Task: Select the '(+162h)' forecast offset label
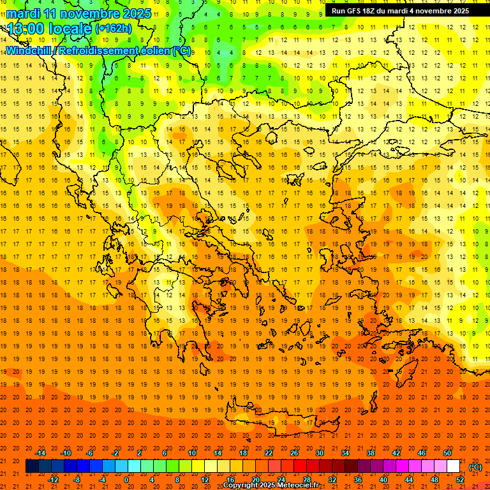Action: (x=114, y=29)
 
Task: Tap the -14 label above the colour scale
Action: (x=41, y=453)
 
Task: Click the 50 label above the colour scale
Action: (x=447, y=453)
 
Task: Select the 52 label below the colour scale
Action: (x=460, y=480)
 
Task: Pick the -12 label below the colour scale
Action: (x=54, y=480)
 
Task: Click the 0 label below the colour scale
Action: (x=126, y=480)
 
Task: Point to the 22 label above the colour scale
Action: (x=269, y=453)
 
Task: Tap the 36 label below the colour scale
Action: (x=358, y=480)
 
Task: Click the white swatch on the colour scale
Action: (x=454, y=466)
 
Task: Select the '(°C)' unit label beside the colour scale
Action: (x=475, y=466)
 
